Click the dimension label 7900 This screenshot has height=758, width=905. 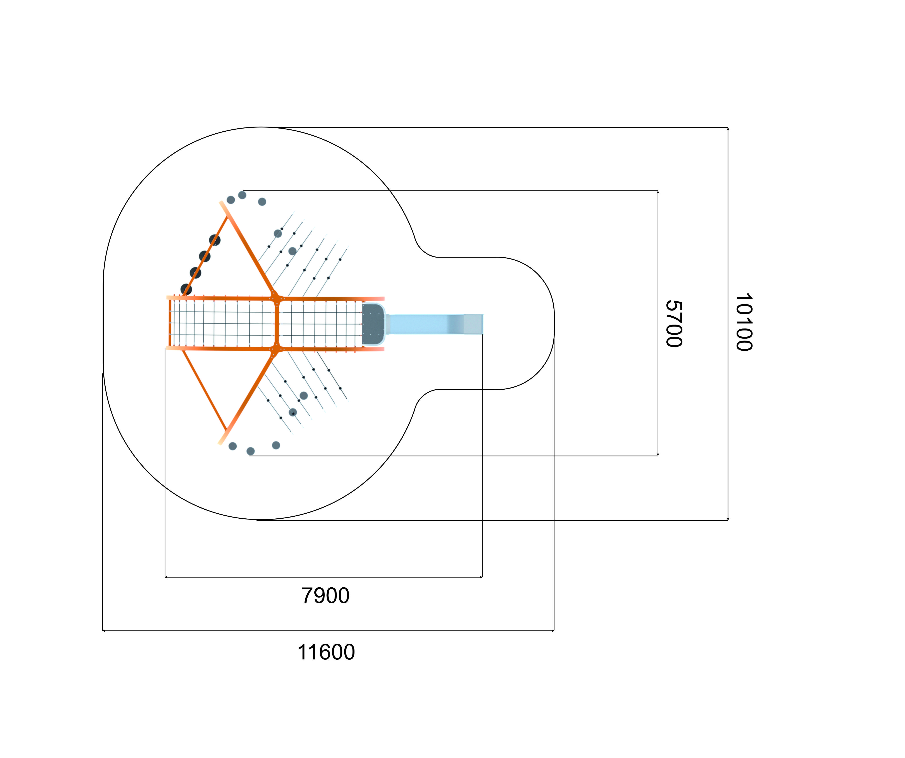[325, 595]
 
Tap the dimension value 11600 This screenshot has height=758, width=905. [326, 652]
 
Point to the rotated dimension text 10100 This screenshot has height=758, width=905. [744, 322]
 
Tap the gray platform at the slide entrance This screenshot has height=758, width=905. [373, 324]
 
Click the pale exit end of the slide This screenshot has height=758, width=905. [473, 324]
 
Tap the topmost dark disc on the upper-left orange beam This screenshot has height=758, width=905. [215, 240]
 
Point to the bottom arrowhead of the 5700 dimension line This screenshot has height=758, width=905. [658, 454]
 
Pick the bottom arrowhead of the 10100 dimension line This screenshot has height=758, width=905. [728, 519]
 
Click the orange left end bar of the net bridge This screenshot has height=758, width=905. [170, 323]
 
